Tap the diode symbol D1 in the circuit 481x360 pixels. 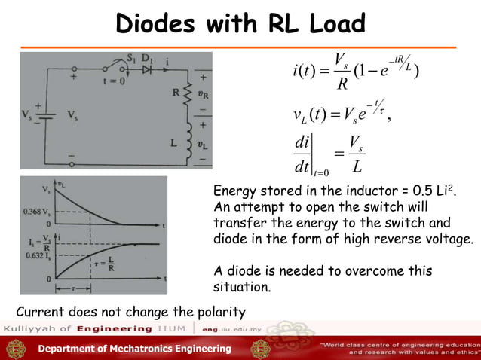point(147,69)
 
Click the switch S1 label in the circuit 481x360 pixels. point(131,57)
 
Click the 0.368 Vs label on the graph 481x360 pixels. point(37,210)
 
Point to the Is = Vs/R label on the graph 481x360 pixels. point(37,243)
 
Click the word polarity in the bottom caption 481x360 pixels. point(216,311)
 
